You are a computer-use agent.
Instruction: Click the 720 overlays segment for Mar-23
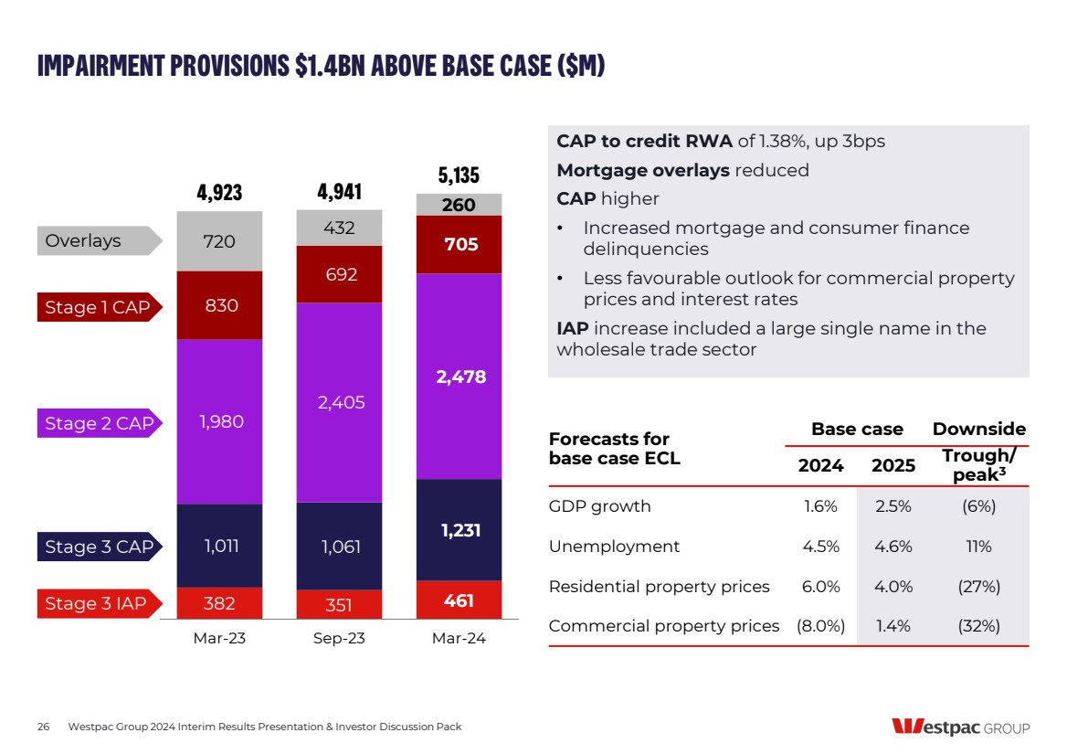coord(219,241)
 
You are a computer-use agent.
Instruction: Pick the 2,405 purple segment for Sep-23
coord(341,402)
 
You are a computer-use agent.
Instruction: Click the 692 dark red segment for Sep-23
coord(341,274)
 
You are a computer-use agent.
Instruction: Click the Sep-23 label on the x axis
coord(339,639)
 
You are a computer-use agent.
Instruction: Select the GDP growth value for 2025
coord(893,506)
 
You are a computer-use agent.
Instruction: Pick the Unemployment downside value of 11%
coord(978,547)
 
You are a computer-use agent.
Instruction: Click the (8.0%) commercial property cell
coord(820,626)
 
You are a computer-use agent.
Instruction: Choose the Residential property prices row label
coord(659,587)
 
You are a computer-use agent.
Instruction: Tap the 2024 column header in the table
coord(820,465)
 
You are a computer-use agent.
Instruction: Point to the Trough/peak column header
coord(978,465)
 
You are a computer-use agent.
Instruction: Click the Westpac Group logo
coord(960,727)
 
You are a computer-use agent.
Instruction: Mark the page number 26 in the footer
coord(43,727)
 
